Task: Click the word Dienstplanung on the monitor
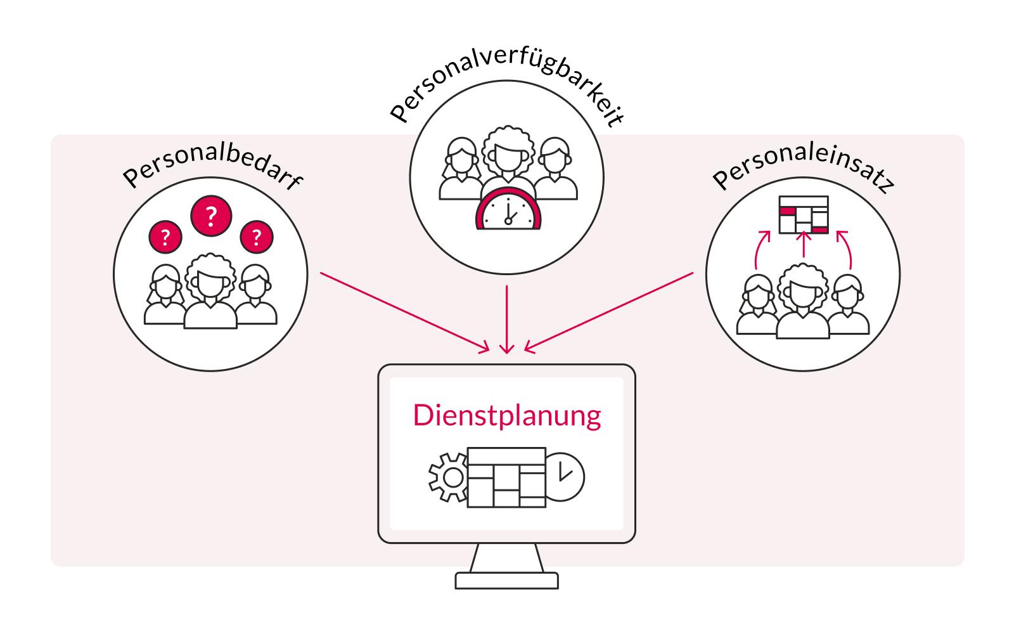pyautogui.click(x=506, y=417)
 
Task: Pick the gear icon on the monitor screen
pyautogui.click(x=448, y=477)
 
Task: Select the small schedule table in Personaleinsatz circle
pyautogui.click(x=803, y=214)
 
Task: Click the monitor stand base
pyautogui.click(x=506, y=580)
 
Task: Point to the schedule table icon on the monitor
pyautogui.click(x=506, y=477)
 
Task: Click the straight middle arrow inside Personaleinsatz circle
pyautogui.click(x=803, y=244)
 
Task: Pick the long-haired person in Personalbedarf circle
pyautogui.click(x=165, y=295)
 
